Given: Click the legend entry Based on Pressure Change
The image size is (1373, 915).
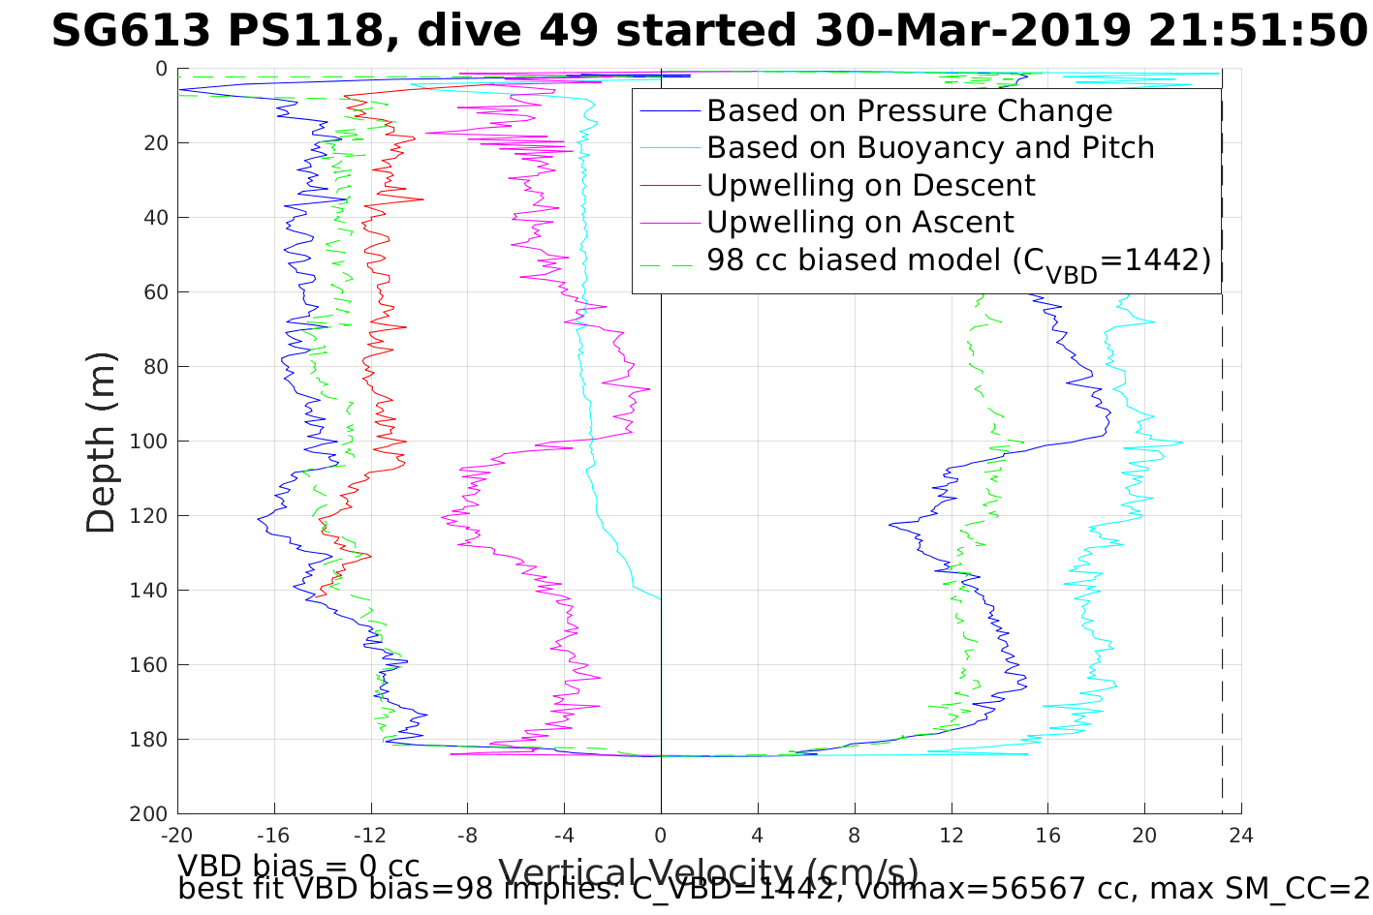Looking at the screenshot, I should pyautogui.click(x=909, y=111).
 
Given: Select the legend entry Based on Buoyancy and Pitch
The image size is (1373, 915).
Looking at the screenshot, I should pyautogui.click(x=930, y=148).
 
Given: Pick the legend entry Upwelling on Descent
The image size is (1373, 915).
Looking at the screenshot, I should pyautogui.click(x=870, y=185).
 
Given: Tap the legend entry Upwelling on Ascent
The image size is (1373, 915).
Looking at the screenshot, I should pyautogui.click(x=859, y=223).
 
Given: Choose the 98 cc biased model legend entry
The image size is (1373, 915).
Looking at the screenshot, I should pyautogui.click(x=958, y=260).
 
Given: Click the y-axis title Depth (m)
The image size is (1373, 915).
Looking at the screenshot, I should pyautogui.click(x=101, y=442).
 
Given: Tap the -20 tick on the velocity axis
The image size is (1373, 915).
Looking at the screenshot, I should pyautogui.click(x=177, y=836).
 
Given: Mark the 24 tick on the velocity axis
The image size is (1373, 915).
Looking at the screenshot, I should pyautogui.click(x=1241, y=836).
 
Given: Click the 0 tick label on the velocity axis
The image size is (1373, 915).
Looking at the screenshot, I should pyautogui.click(x=661, y=836).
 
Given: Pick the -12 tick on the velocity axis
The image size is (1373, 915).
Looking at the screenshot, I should pyautogui.click(x=371, y=836).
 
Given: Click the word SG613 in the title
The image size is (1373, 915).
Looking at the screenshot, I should pyautogui.click(x=130, y=32).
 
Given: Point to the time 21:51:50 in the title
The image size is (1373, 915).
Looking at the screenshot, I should pyautogui.click(x=1258, y=32).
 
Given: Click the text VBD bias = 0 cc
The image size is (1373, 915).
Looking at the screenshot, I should pyautogui.click(x=298, y=865).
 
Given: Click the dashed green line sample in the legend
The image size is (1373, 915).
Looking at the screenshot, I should pyautogui.click(x=669, y=260).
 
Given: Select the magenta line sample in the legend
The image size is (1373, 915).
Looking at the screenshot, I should pyautogui.click(x=669, y=223).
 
